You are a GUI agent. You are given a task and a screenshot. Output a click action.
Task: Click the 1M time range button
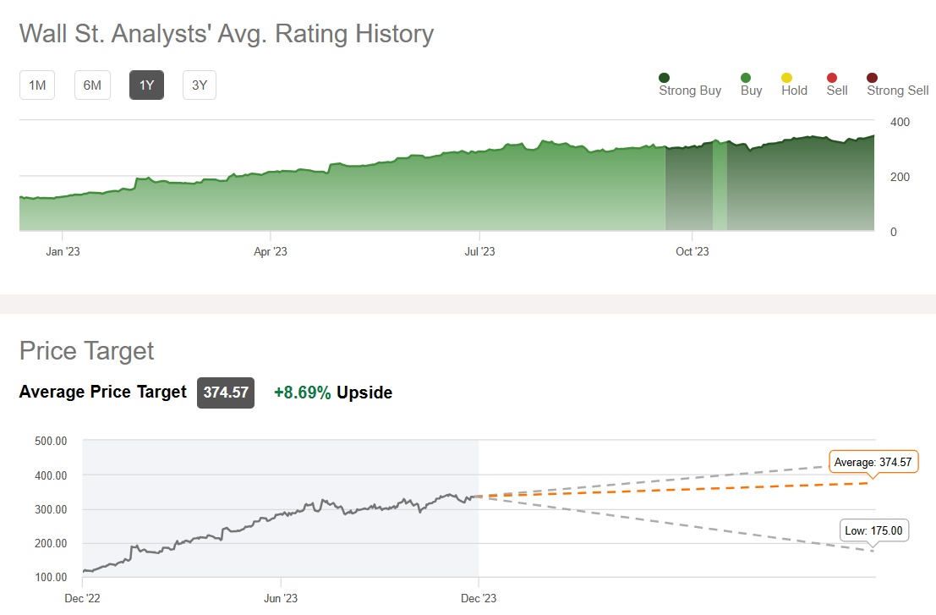click(x=37, y=85)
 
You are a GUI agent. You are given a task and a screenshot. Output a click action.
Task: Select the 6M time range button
click(x=92, y=85)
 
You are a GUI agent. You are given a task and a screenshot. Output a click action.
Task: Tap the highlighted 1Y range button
click(x=146, y=85)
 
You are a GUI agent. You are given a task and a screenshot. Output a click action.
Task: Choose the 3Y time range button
click(x=200, y=85)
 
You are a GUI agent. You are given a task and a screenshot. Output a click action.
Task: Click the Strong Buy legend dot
click(x=665, y=78)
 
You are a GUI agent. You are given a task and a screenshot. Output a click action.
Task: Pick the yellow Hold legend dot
click(x=794, y=78)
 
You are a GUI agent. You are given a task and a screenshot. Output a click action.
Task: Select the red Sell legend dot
click(x=836, y=78)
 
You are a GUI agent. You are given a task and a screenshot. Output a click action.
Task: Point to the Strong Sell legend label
click(x=897, y=91)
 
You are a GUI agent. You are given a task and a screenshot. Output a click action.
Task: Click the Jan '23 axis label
click(x=63, y=251)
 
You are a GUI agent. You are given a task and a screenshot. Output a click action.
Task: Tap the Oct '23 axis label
click(x=692, y=251)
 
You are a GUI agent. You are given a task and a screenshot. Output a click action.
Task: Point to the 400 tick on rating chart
click(x=900, y=122)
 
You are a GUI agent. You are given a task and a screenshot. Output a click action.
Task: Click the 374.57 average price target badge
click(x=226, y=393)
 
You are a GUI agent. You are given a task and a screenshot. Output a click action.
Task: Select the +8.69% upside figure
click(x=303, y=393)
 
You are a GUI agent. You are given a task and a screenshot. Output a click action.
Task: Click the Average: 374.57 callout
click(x=873, y=462)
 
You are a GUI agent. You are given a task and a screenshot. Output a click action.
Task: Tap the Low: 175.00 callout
click(x=874, y=531)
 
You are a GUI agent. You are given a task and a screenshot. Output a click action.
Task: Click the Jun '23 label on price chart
click(x=280, y=599)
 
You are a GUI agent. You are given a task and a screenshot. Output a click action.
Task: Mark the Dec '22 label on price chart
click(x=82, y=599)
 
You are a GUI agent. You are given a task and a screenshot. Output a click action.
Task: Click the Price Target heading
click(x=87, y=351)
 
